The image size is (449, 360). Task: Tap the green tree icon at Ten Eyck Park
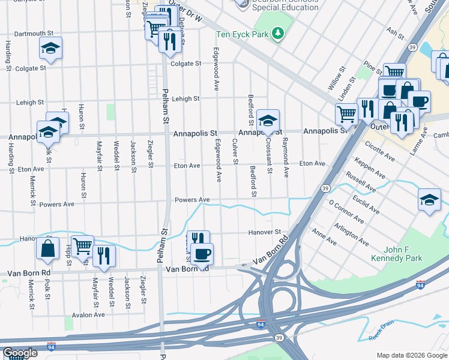pyautogui.click(x=277, y=34)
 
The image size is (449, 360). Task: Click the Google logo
pyautogui.click(x=20, y=352)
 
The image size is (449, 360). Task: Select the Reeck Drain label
pyautogui.click(x=382, y=330)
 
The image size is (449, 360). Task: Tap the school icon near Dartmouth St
pyautogui.click(x=51, y=47)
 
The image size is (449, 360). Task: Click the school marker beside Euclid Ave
pyautogui.click(x=429, y=199)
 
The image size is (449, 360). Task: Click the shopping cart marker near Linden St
pyautogui.click(x=346, y=112)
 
